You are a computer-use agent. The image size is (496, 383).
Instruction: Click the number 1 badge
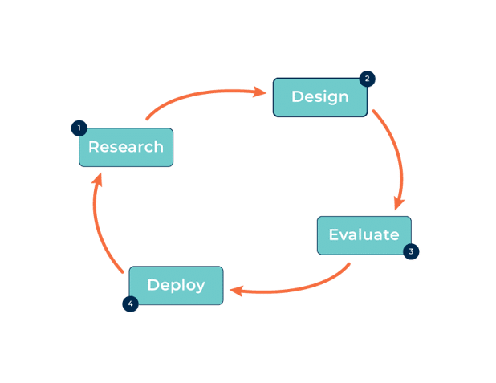[x=79, y=128]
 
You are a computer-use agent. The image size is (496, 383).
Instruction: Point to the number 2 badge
[x=367, y=79]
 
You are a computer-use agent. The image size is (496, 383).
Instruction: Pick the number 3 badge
[x=411, y=251]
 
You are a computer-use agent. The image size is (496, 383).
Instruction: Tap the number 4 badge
[x=129, y=304]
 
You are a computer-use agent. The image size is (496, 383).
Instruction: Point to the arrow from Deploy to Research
[x=100, y=229]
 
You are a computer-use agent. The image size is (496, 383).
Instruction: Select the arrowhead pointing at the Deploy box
[x=235, y=290]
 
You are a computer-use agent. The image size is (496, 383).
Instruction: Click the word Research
[x=126, y=147]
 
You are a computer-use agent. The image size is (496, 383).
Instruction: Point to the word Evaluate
[x=364, y=235]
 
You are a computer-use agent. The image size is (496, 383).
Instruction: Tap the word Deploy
[x=176, y=285]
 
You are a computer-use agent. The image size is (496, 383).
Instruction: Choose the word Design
[x=319, y=97]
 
